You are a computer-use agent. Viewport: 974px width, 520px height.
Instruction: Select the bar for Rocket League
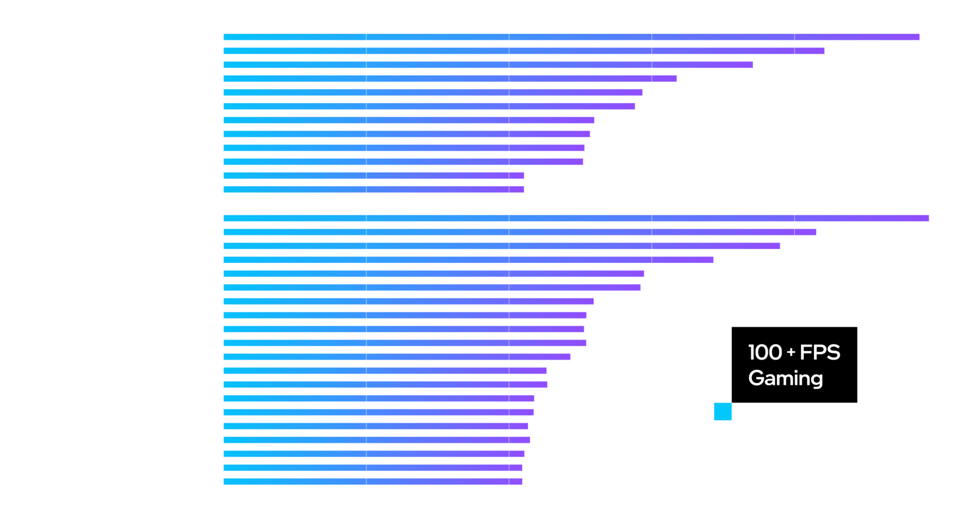[571, 37]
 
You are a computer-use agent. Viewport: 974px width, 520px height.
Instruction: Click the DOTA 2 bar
[523, 51]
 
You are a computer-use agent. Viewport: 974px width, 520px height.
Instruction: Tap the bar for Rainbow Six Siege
[575, 218]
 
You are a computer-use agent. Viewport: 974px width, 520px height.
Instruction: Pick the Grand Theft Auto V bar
[468, 260]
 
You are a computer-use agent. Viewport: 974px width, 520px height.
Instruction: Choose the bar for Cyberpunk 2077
[379, 413]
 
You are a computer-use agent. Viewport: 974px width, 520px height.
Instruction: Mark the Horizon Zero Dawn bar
[373, 481]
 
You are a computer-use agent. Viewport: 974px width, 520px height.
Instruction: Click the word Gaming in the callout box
[785, 379]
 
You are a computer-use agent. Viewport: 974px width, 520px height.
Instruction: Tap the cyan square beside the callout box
[722, 412]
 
